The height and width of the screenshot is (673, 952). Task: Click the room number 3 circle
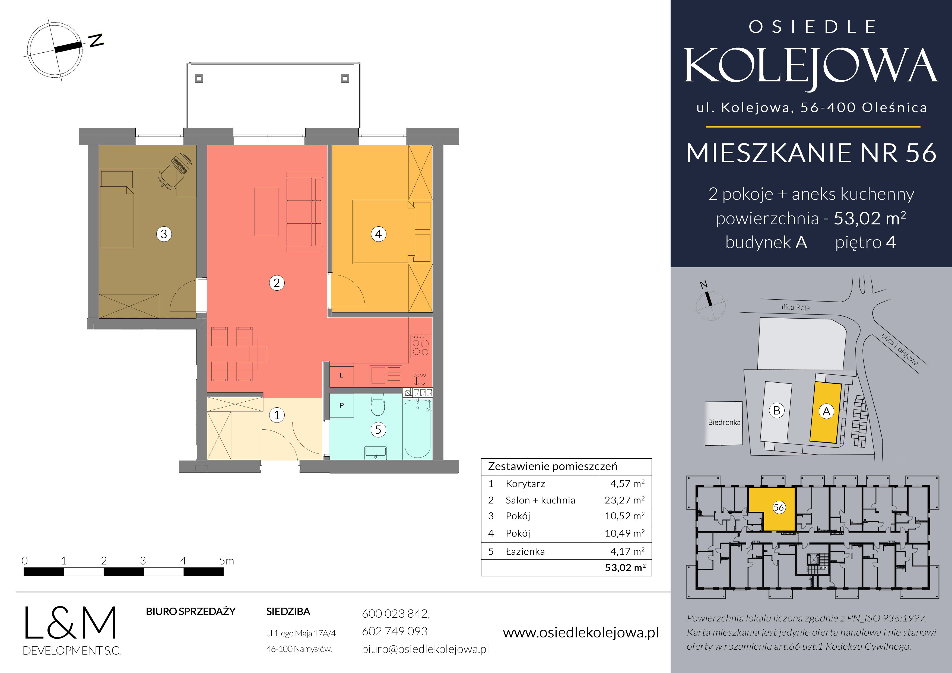(164, 234)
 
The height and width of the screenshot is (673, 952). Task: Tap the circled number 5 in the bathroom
(378, 430)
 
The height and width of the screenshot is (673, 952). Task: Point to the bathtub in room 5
(418, 428)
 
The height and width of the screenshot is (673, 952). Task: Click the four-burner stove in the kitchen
(420, 346)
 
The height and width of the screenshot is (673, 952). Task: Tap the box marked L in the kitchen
(342, 375)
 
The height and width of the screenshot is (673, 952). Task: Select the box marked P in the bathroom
(342, 405)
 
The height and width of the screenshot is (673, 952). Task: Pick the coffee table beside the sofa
(266, 212)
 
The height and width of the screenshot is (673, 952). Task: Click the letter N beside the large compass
(96, 40)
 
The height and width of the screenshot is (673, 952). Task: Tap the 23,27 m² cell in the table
(624, 500)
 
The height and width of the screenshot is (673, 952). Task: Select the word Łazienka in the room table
(525, 551)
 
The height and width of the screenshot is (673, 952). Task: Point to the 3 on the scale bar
(143, 561)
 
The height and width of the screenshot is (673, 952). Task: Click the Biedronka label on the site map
(724, 422)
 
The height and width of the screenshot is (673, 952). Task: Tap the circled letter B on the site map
(777, 411)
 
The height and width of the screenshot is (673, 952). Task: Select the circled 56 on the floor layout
(779, 507)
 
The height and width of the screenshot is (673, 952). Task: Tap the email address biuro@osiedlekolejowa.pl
(426, 649)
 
